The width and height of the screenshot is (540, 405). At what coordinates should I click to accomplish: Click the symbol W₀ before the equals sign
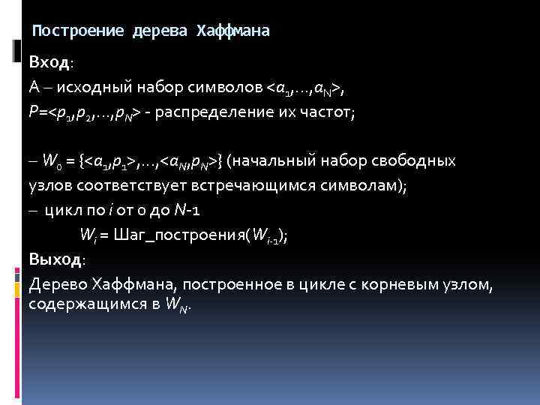pos(52,160)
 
